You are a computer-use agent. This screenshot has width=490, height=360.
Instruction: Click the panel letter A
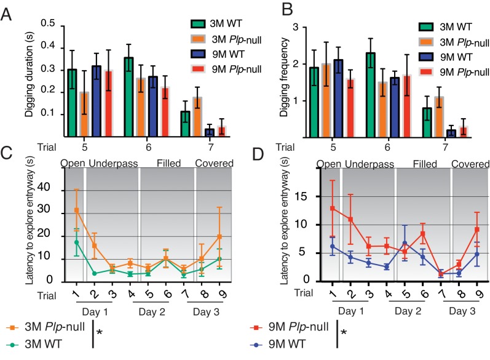[x=6, y=14]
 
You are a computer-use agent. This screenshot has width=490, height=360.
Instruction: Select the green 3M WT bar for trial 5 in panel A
[x=72, y=103]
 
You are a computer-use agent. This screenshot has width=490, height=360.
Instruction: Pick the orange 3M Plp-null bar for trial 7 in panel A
[x=197, y=117]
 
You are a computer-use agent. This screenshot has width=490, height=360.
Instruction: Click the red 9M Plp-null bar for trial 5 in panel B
[x=350, y=108]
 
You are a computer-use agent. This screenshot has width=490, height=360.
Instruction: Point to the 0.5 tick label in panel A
[x=48, y=23]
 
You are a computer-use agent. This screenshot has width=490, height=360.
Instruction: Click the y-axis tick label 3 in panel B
[x=295, y=27]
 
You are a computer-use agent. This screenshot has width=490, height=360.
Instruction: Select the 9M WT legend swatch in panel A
[x=198, y=54]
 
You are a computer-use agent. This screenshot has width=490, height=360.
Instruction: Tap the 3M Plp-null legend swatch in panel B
[x=426, y=42]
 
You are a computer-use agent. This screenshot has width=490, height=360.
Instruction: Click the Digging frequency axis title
[x=284, y=78]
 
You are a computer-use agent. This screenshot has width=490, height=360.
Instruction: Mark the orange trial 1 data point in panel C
[x=77, y=210]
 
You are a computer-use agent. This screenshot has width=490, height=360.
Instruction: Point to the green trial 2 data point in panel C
[x=95, y=273]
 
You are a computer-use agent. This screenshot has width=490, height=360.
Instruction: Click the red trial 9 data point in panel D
[x=477, y=230]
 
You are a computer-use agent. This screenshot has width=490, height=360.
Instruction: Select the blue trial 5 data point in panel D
[x=405, y=243]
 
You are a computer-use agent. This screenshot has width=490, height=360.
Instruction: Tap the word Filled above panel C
[x=168, y=163]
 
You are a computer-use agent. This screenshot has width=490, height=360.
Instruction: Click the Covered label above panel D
[x=470, y=164]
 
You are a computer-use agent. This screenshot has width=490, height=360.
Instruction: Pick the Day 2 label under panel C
[x=152, y=312]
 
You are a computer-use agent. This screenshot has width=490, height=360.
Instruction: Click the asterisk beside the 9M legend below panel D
[x=344, y=332]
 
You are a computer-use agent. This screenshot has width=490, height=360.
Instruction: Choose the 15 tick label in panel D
[x=302, y=196]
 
